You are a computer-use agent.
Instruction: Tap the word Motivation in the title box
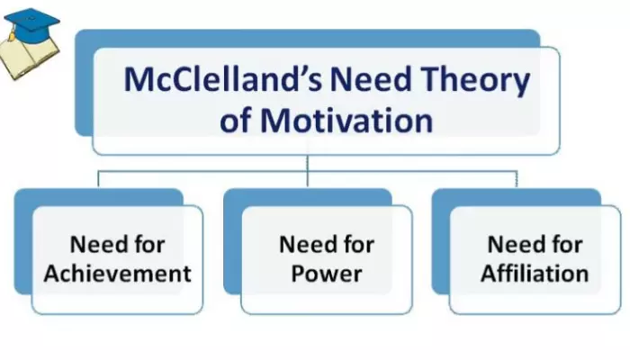[x=346, y=120]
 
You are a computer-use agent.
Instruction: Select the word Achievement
[x=117, y=274]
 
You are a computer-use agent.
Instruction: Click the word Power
[x=326, y=274]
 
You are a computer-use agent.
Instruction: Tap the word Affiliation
[x=535, y=274]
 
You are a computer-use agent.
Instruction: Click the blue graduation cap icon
[x=31, y=22]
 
